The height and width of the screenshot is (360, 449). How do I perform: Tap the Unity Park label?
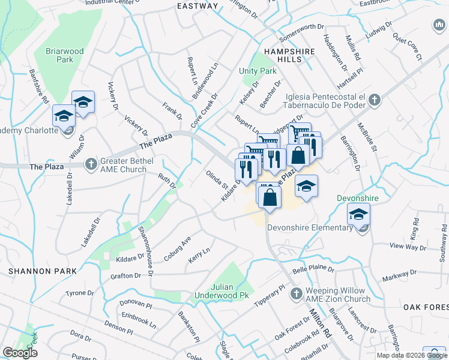pos(258,71)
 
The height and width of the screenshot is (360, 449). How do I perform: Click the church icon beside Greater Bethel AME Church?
pos(91,163)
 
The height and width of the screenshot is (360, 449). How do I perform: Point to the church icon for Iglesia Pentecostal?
pos(375,100)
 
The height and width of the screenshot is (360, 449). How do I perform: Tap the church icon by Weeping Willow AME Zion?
pos(295,293)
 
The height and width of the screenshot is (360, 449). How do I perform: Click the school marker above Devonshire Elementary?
pos(358,214)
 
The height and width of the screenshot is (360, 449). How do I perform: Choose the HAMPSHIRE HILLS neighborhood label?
pos(289,56)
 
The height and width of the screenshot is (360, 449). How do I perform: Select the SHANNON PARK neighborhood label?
pos(43,271)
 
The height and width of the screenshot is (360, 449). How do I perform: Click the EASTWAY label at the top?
pos(197,6)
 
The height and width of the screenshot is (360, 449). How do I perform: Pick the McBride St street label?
pos(367,137)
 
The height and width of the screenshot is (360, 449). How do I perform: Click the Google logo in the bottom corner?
pos(20,353)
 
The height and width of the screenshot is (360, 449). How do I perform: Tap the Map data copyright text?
pos(411,355)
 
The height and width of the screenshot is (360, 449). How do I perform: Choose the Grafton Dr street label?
pos(125,275)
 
